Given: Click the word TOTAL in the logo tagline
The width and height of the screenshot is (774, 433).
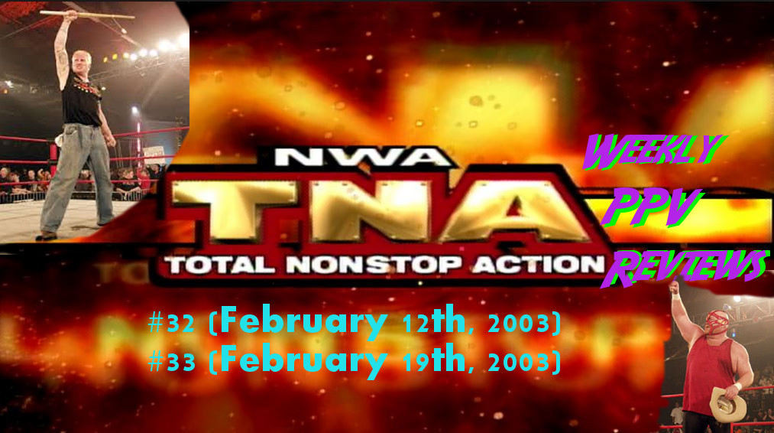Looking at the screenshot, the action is coord(219,265).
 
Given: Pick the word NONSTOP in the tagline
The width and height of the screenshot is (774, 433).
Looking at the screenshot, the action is coord(374,265).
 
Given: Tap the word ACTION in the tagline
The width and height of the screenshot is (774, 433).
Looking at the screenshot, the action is coord(539,265).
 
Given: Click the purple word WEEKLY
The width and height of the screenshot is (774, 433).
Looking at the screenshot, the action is coord(653,151).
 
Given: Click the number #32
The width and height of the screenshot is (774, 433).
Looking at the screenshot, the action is coord(172,324).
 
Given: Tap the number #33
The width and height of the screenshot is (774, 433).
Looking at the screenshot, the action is coord(172,363).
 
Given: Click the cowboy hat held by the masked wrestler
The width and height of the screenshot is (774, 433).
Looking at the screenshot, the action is coord(728,404).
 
